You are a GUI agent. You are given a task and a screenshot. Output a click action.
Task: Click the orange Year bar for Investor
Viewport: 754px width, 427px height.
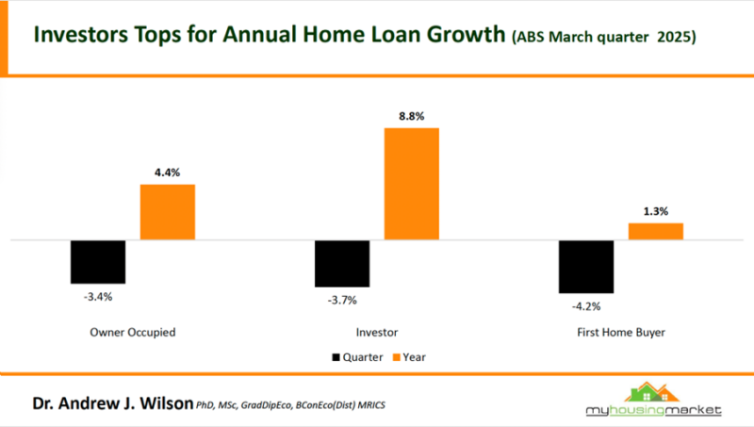tap(412, 184)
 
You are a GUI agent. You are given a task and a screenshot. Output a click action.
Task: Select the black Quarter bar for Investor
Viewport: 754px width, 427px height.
tap(342, 263)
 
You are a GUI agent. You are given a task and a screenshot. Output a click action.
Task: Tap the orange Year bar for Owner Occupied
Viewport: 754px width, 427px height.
tap(168, 212)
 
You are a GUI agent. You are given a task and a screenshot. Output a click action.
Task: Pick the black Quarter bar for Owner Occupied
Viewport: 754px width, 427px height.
tap(98, 262)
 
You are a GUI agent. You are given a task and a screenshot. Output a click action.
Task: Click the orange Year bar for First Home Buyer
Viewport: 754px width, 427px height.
tap(655, 232)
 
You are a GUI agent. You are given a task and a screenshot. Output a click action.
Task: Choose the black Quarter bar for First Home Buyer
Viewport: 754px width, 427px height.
tap(585, 267)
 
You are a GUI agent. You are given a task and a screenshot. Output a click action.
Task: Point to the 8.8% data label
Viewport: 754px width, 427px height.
tap(412, 116)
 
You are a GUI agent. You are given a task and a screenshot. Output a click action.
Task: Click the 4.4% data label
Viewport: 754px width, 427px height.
tap(168, 172)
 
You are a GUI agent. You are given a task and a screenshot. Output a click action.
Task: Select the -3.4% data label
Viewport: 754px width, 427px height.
tap(98, 296)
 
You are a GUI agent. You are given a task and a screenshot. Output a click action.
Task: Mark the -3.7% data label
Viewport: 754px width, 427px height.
tap(342, 300)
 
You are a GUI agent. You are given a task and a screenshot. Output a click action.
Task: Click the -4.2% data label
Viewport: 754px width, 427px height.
tap(585, 306)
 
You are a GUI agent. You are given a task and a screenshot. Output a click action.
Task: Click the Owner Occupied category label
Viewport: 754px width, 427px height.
tap(133, 333)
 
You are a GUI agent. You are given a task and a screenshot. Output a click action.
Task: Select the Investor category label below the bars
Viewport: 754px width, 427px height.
tap(377, 333)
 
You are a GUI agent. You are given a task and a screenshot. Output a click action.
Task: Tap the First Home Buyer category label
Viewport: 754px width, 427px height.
tap(620, 333)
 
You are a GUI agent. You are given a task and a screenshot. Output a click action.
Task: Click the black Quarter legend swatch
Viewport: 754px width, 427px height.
tap(336, 357)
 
